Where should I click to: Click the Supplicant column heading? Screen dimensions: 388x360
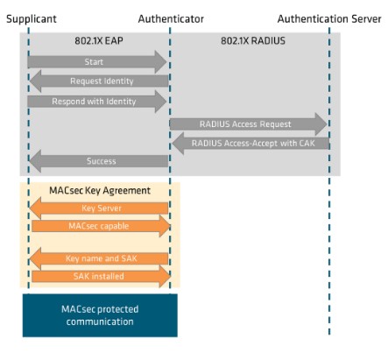click(32, 19)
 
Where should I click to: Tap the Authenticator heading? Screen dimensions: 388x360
click(171, 19)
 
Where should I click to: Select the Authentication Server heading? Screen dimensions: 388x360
click(329, 19)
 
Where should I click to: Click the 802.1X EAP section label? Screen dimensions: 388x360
click(99, 40)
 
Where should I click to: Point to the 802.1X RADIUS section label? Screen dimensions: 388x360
click(253, 40)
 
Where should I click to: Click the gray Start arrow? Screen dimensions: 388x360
click(97, 62)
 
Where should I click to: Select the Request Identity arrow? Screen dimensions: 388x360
click(99, 81)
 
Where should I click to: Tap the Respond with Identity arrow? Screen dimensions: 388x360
click(97, 102)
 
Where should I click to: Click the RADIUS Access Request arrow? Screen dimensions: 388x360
click(249, 124)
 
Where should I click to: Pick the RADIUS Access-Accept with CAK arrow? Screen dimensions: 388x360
click(250, 144)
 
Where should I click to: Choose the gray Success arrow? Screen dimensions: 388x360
click(99, 161)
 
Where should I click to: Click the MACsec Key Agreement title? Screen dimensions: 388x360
click(100, 191)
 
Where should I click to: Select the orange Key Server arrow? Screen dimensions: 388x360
click(99, 208)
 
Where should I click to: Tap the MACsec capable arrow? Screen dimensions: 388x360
click(101, 226)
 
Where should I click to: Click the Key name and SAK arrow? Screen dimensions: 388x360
click(99, 258)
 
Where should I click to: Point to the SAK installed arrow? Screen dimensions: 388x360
click(101, 276)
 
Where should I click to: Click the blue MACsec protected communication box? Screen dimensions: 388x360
click(100, 315)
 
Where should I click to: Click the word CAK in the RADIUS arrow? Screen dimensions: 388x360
click(307, 144)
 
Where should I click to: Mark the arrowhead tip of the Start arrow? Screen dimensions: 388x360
click(166, 62)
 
